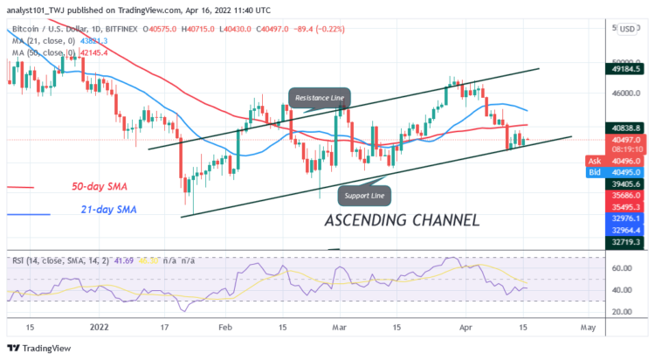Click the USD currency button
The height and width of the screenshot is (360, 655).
coord(626,29)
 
